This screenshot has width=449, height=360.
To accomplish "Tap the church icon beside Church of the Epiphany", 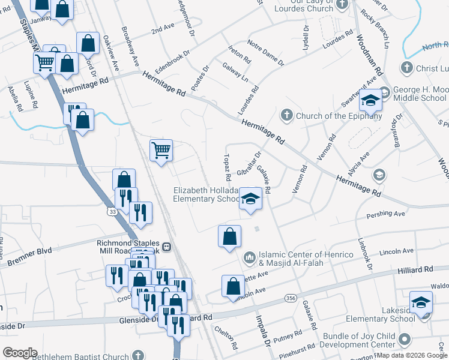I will coord(286,115).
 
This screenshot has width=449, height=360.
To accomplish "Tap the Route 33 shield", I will coord(113,211).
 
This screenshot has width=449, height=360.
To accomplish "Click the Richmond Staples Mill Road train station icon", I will coord(166,247).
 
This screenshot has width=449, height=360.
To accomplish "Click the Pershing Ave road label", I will coord(390,213).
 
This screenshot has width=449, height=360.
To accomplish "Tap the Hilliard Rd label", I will coord(415,271).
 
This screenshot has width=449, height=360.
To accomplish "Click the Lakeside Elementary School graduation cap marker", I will coord(421,302).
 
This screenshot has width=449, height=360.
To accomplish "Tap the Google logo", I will coord(20,352).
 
